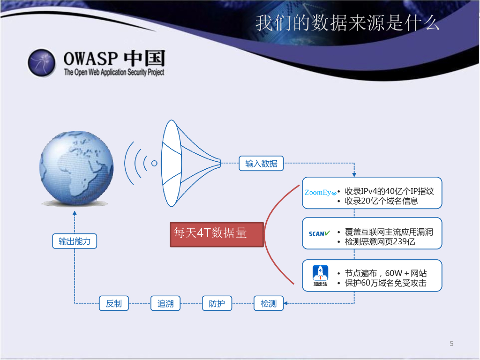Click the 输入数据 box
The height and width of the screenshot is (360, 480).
click(x=261, y=164)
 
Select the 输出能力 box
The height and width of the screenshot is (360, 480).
click(x=75, y=241)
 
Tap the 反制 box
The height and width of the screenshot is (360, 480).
click(x=114, y=303)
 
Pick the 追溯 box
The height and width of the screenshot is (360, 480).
click(x=165, y=303)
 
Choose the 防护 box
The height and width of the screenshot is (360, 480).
click(x=217, y=303)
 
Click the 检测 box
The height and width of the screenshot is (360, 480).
click(x=269, y=303)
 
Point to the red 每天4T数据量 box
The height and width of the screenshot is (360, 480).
click(x=217, y=234)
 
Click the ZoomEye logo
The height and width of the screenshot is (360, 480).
click(x=320, y=193)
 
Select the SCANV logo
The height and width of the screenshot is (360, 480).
click(x=319, y=233)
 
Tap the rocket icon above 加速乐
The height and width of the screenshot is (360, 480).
click(x=320, y=272)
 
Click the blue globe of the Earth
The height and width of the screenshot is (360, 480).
click(x=76, y=168)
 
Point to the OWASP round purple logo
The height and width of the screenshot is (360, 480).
click(x=42, y=62)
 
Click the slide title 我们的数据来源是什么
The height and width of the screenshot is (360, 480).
click(x=347, y=23)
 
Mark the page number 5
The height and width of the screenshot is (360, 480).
click(x=451, y=344)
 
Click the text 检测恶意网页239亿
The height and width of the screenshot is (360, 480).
click(x=380, y=241)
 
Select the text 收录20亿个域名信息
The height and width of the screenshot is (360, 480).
click(x=382, y=201)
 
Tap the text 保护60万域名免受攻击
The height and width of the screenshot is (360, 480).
click(x=385, y=283)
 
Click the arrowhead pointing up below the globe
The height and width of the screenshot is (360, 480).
click(x=75, y=213)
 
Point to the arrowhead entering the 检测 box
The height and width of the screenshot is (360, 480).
click(x=285, y=303)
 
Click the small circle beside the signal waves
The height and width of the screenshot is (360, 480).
click(x=154, y=164)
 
